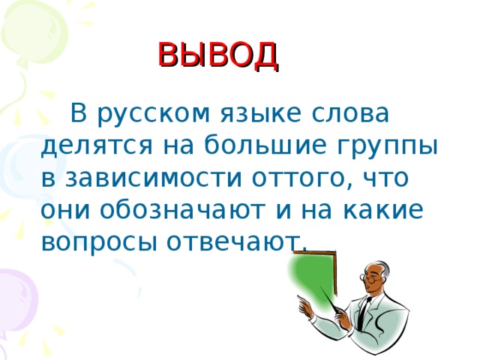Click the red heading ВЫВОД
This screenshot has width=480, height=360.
pyautogui.click(x=218, y=55)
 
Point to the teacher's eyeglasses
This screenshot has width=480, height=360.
pyautogui.click(x=373, y=277)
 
